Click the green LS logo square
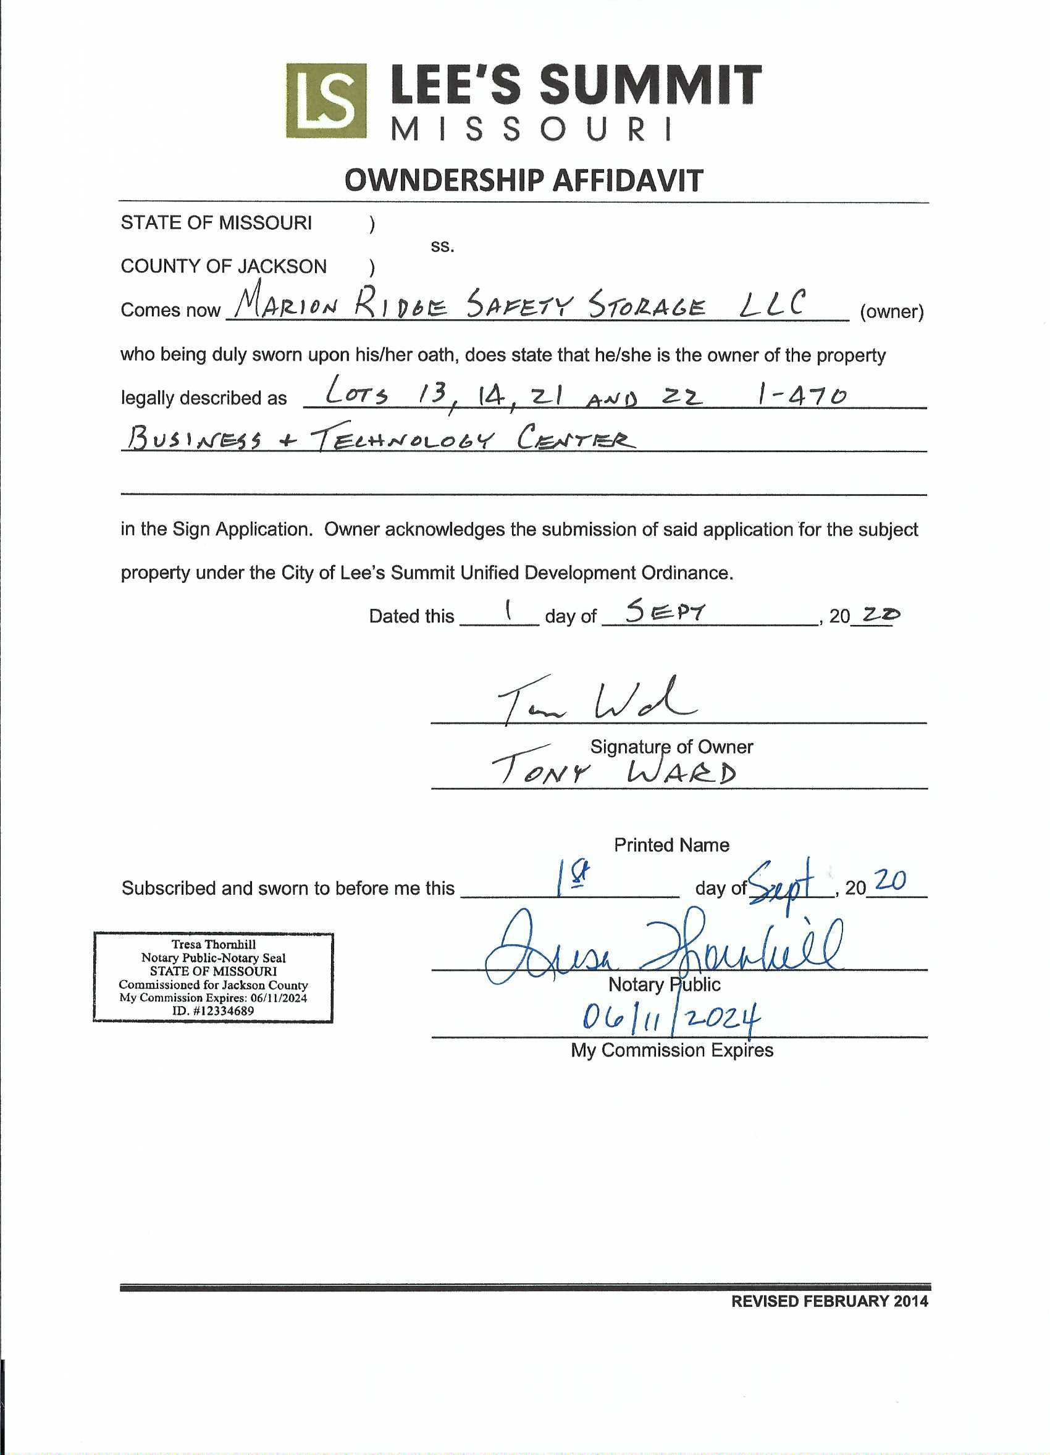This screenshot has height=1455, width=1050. tap(326, 101)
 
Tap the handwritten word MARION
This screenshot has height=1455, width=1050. tap(285, 303)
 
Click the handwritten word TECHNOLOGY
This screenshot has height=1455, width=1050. tap(403, 440)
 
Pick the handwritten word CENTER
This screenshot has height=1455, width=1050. tap(576, 438)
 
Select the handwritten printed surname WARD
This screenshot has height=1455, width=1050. tap(681, 773)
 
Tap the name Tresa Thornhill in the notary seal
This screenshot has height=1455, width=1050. tap(214, 944)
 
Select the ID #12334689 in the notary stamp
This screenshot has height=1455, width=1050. tap(213, 1010)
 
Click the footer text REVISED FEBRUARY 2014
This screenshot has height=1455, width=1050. tap(829, 1301)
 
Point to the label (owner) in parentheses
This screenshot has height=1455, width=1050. tap(891, 312)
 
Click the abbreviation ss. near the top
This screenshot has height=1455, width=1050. tap(442, 246)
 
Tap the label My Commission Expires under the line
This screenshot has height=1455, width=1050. tap(671, 1050)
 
